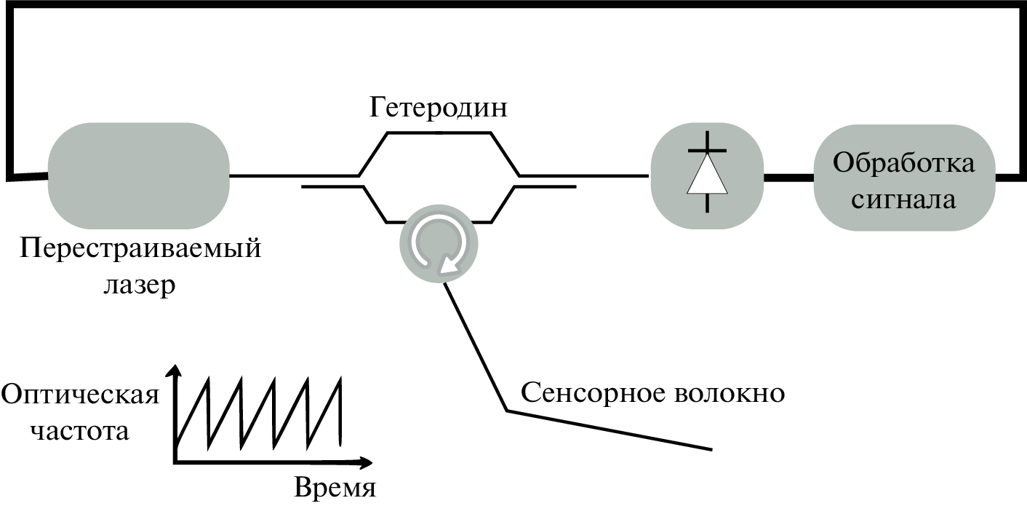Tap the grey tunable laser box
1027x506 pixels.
coord(138,175)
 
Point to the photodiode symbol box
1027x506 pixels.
coord(707,175)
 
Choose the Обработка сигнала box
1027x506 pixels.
coord(903,177)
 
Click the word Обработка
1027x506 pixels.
coord(903,162)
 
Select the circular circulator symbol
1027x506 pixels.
coord(438,245)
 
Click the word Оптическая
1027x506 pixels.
coord(80,396)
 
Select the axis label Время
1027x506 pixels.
coord(335,486)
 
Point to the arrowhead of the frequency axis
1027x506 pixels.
coord(173,371)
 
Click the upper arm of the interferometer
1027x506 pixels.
coord(439,134)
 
